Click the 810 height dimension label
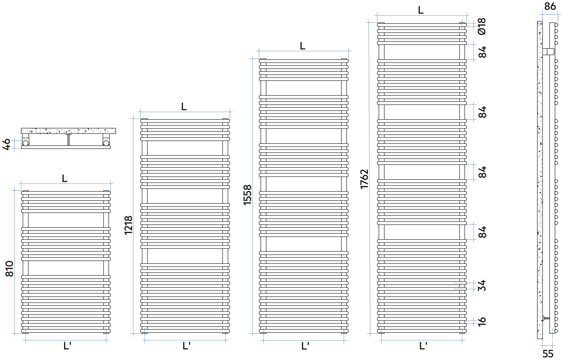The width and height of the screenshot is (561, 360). [10, 269]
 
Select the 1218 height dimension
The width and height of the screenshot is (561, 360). [128, 225]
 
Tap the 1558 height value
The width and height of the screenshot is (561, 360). [248, 195]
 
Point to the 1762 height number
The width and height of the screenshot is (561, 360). [364, 179]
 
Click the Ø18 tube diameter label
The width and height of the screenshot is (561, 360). [482, 26]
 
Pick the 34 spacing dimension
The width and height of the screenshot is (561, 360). [482, 285]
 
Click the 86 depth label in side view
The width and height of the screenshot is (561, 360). [550, 6]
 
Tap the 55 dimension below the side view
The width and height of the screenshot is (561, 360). [548, 354]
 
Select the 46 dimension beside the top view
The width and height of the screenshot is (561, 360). [7, 144]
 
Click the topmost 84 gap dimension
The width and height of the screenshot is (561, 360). [482, 52]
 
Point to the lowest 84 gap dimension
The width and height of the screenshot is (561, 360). [482, 232]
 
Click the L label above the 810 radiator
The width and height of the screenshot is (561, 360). [65, 179]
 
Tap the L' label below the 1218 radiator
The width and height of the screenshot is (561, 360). [186, 346]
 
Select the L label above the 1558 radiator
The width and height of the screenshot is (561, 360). [303, 46]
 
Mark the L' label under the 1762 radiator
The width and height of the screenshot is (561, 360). [423, 346]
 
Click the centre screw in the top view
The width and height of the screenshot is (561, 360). [68, 139]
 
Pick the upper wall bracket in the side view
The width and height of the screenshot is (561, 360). [547, 52]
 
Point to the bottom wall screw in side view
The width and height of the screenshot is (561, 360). [546, 319]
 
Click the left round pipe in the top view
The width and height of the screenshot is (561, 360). [26, 142]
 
